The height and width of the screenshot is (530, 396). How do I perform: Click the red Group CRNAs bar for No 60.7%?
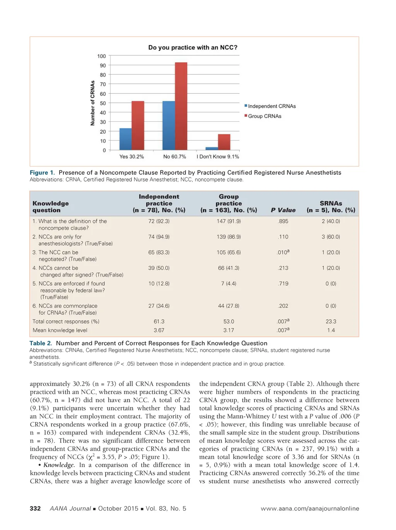tap(181, 106)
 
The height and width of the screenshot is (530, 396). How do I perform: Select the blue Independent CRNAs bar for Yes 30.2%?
tap(125, 139)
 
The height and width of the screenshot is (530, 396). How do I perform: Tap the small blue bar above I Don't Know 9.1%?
tap(212, 148)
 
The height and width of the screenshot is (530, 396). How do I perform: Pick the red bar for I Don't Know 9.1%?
tap(224, 142)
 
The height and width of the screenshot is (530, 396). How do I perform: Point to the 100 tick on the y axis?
tap(101, 56)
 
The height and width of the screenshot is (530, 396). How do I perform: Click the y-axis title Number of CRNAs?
tap(92, 103)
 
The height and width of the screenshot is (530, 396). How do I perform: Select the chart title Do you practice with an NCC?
tap(193, 48)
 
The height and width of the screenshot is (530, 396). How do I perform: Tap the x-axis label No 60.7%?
tap(174, 157)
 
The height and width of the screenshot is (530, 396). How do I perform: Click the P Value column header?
tap(283, 210)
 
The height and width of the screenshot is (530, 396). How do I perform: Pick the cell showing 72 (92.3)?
tap(159, 221)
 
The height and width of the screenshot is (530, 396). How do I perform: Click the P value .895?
tap(283, 221)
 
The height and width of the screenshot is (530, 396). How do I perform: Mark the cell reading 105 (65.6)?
tap(229, 252)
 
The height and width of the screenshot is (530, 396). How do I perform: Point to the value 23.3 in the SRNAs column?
tap(331, 321)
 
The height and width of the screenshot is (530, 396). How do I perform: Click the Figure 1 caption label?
tap(42, 173)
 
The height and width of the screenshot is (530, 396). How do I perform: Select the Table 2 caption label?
tap(41, 343)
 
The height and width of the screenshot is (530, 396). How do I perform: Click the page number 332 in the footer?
tap(35, 508)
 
